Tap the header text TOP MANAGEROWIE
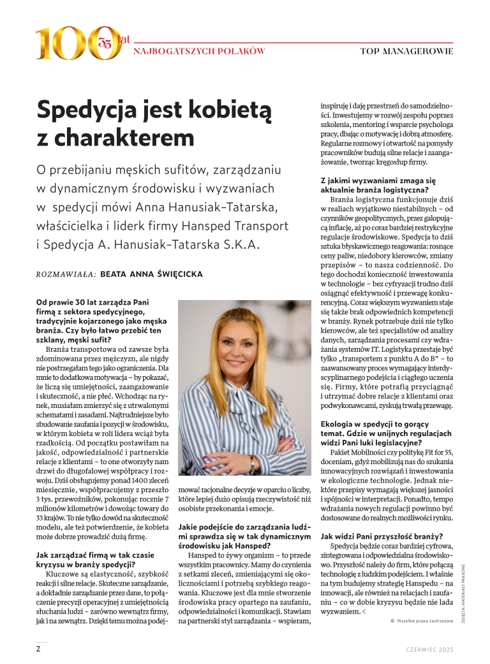click(406, 50)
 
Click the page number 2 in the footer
click(38, 649)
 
